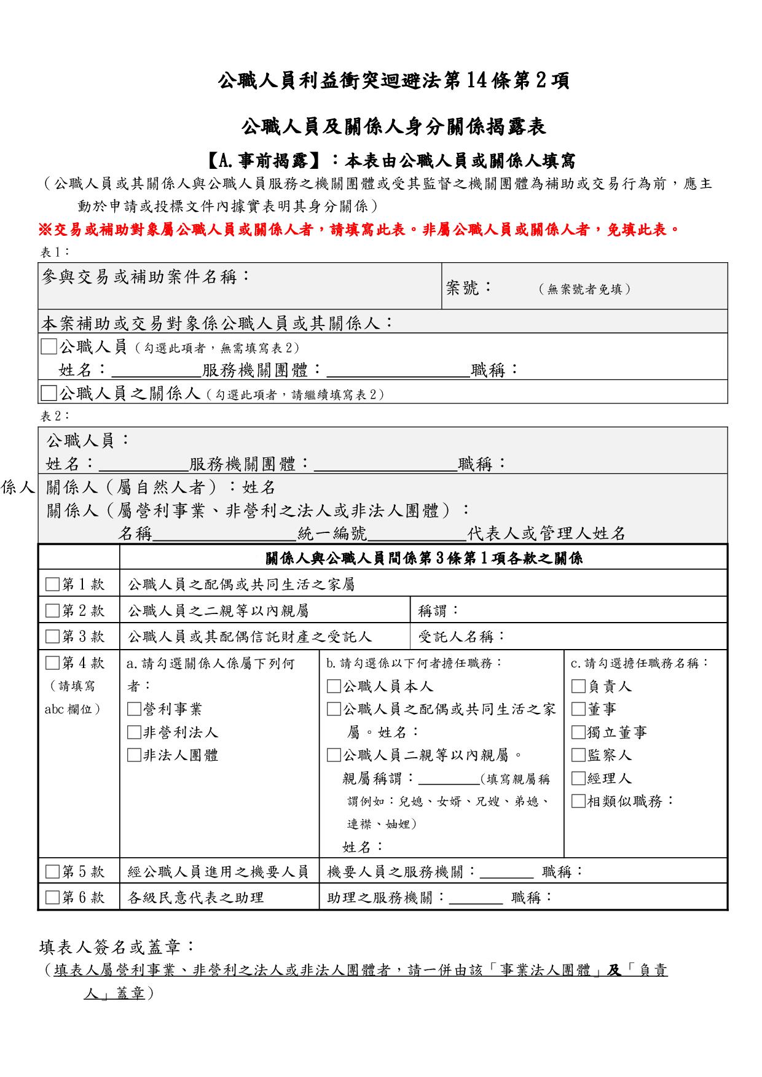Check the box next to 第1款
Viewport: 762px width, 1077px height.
[x=52, y=584]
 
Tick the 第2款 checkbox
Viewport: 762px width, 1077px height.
[x=52, y=611]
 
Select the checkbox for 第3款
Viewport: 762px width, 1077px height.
[x=52, y=637]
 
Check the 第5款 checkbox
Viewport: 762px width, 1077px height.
[x=52, y=871]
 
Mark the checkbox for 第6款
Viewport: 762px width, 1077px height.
[x=52, y=898]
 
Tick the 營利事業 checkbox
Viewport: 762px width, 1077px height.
[x=134, y=709]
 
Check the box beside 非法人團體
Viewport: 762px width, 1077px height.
[x=134, y=755]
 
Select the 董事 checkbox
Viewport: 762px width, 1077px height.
[x=578, y=709]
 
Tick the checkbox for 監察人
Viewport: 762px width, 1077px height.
[x=578, y=755]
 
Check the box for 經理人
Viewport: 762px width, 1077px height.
[x=578, y=779]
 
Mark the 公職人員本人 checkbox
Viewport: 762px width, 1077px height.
[x=334, y=686]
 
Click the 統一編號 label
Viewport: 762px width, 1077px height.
[x=332, y=534]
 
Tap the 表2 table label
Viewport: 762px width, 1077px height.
[x=55, y=416]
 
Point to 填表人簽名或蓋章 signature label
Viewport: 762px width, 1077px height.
[x=117, y=947]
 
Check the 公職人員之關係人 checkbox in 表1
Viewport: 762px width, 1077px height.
[x=49, y=392]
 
